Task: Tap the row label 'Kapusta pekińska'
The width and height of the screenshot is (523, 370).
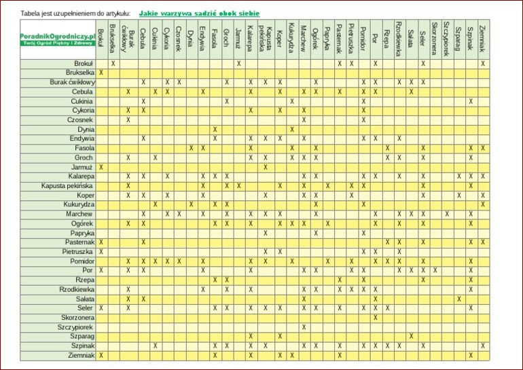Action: (x=67, y=185)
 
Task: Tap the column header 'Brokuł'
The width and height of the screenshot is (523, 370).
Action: (x=101, y=37)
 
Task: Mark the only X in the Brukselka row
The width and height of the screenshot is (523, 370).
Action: (x=101, y=73)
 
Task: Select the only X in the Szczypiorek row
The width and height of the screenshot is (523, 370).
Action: (x=304, y=327)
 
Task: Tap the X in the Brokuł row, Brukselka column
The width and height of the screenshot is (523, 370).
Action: (x=113, y=63)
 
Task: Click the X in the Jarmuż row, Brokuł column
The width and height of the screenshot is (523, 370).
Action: (x=101, y=167)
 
